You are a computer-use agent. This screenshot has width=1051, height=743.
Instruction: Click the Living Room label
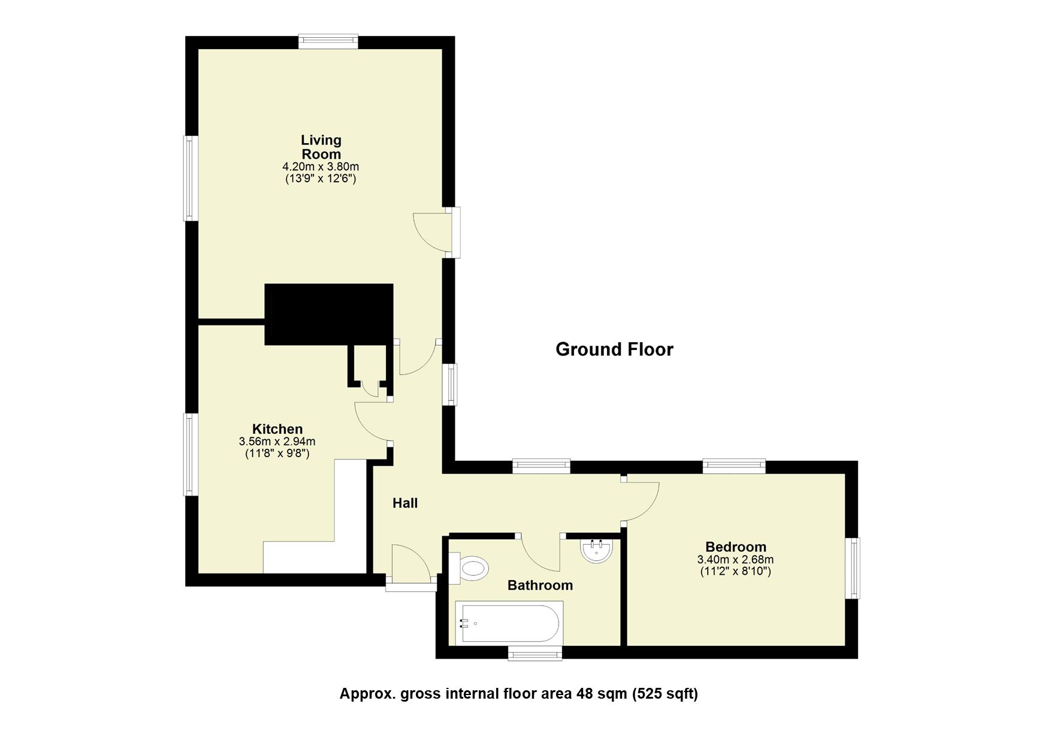[x=321, y=147]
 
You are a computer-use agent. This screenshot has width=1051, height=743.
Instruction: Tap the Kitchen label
[x=277, y=429]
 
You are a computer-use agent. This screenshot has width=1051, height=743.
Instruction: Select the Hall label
[x=405, y=503]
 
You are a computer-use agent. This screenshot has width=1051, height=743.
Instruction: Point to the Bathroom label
[x=540, y=585]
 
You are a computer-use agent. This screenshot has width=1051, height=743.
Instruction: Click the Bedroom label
[x=735, y=547]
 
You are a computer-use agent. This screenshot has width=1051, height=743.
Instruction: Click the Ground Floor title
[x=614, y=349]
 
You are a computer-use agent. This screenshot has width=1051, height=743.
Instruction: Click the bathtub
[x=508, y=623]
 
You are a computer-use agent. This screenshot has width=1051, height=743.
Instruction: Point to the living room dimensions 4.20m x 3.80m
[x=321, y=167]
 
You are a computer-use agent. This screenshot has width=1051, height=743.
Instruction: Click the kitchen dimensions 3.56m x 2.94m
[x=277, y=442]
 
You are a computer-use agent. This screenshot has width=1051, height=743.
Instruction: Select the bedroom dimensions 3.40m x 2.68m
[x=735, y=560]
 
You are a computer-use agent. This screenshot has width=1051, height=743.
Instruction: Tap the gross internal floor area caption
[x=519, y=694]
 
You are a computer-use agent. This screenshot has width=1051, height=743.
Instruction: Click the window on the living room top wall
[x=328, y=41]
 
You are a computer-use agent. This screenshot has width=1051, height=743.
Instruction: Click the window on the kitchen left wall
[x=190, y=454]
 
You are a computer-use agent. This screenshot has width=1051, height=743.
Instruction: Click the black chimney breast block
[x=328, y=313]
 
